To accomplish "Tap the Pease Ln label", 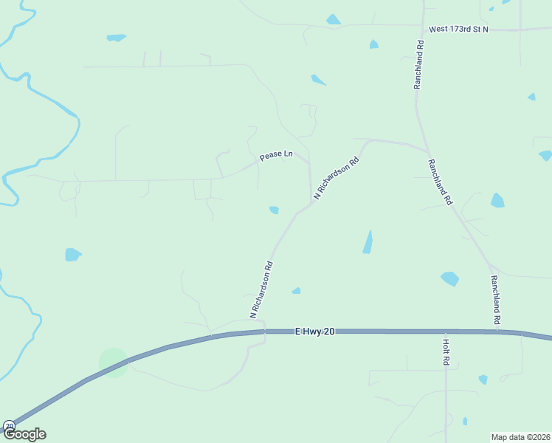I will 276,157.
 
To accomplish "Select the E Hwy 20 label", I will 314,332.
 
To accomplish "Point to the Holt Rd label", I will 446,352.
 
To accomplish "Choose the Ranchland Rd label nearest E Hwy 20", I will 496,300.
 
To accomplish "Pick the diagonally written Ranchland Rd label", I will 440,182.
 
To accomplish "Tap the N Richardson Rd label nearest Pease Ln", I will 336,178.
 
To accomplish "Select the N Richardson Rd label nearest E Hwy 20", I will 262,289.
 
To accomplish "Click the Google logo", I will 24,434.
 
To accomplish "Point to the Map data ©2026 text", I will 520,437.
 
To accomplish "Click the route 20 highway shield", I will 9,426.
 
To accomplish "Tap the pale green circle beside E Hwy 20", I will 113,363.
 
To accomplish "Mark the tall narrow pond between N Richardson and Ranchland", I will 368,242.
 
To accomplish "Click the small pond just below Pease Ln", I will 274,210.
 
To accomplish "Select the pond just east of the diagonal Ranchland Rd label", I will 497,200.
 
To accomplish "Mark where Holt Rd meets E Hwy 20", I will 446,332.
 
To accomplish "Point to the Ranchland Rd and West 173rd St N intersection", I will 424,30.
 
